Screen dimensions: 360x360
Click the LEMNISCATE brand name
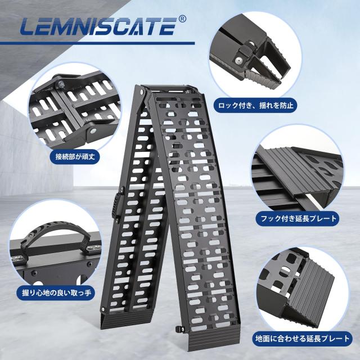[98, 26]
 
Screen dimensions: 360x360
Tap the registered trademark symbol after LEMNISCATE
[182, 19]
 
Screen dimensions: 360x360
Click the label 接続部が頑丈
[75, 157]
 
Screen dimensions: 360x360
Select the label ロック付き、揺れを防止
[256, 105]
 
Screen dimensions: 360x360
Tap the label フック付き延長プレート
[299, 218]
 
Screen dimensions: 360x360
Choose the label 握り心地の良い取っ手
[57, 292]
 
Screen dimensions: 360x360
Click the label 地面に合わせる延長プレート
[303, 339]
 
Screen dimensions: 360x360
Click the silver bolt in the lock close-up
[238, 60]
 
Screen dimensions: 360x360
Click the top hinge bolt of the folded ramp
[141, 92]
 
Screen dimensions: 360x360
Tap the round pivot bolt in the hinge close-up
[93, 131]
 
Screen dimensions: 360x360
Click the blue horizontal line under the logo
[97, 43]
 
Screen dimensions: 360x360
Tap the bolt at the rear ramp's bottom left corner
[103, 309]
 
